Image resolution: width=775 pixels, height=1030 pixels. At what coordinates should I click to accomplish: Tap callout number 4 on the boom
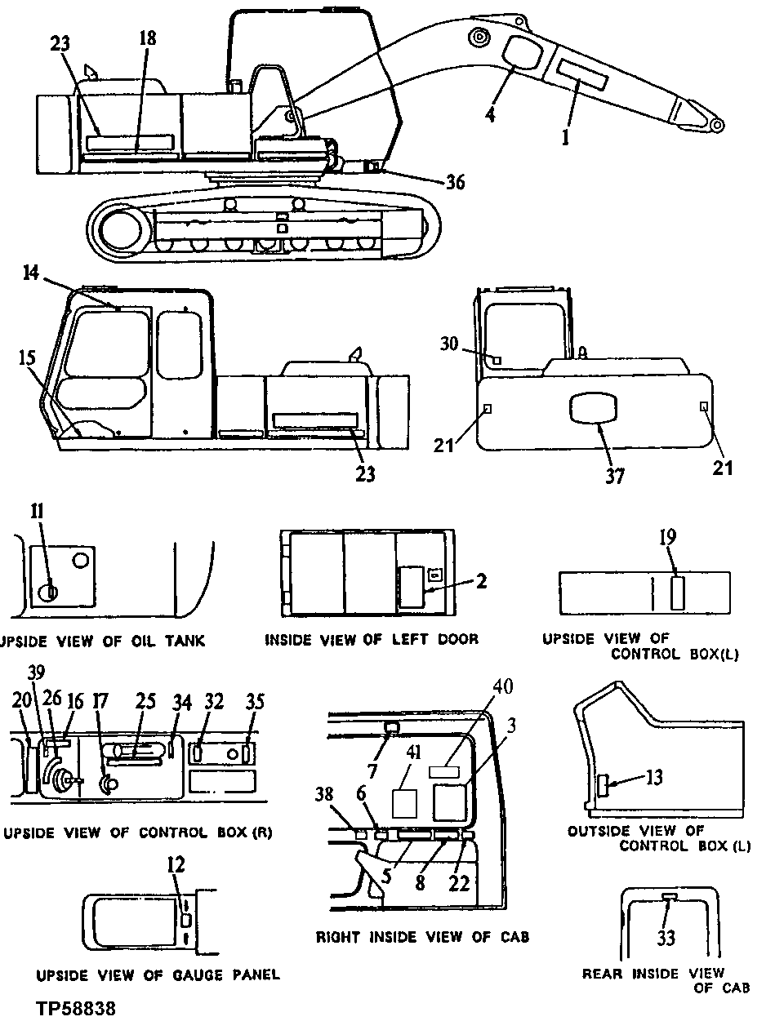click(x=490, y=115)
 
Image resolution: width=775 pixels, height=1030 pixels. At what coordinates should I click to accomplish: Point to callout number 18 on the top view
click(x=147, y=39)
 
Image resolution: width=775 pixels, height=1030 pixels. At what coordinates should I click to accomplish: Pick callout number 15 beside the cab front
click(x=26, y=357)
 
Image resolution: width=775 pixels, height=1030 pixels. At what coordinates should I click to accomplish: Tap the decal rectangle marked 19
click(x=678, y=593)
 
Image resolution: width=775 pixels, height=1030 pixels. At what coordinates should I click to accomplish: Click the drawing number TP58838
click(x=76, y=1009)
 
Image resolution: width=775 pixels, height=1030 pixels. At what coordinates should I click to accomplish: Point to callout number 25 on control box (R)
click(x=145, y=702)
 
